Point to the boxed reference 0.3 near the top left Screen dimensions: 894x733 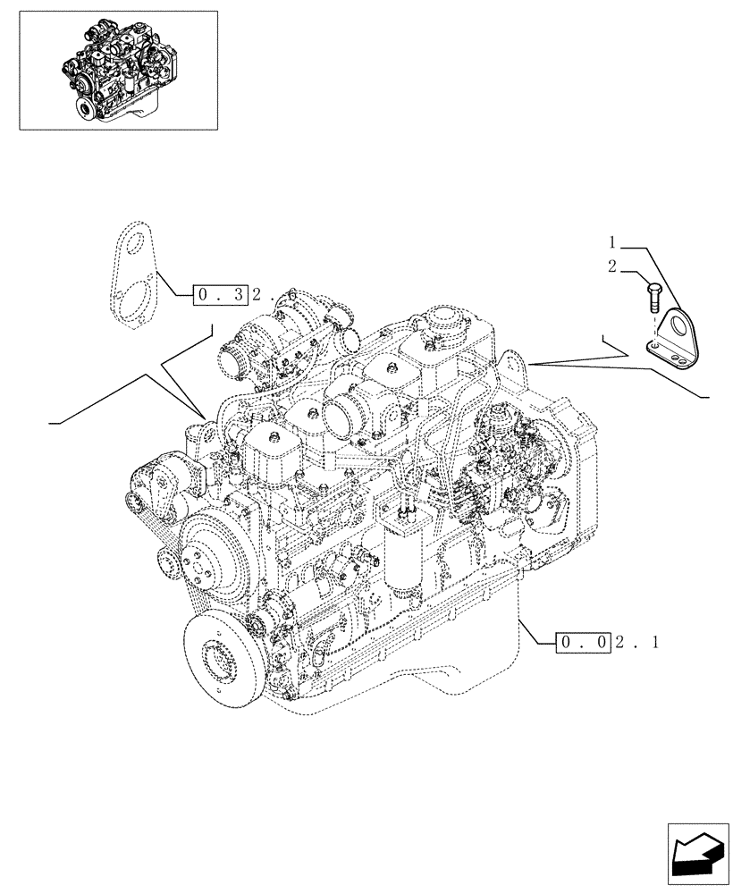point(216,294)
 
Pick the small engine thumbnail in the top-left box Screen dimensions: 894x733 point(119,71)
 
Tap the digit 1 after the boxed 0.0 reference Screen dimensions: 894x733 point(657,642)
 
